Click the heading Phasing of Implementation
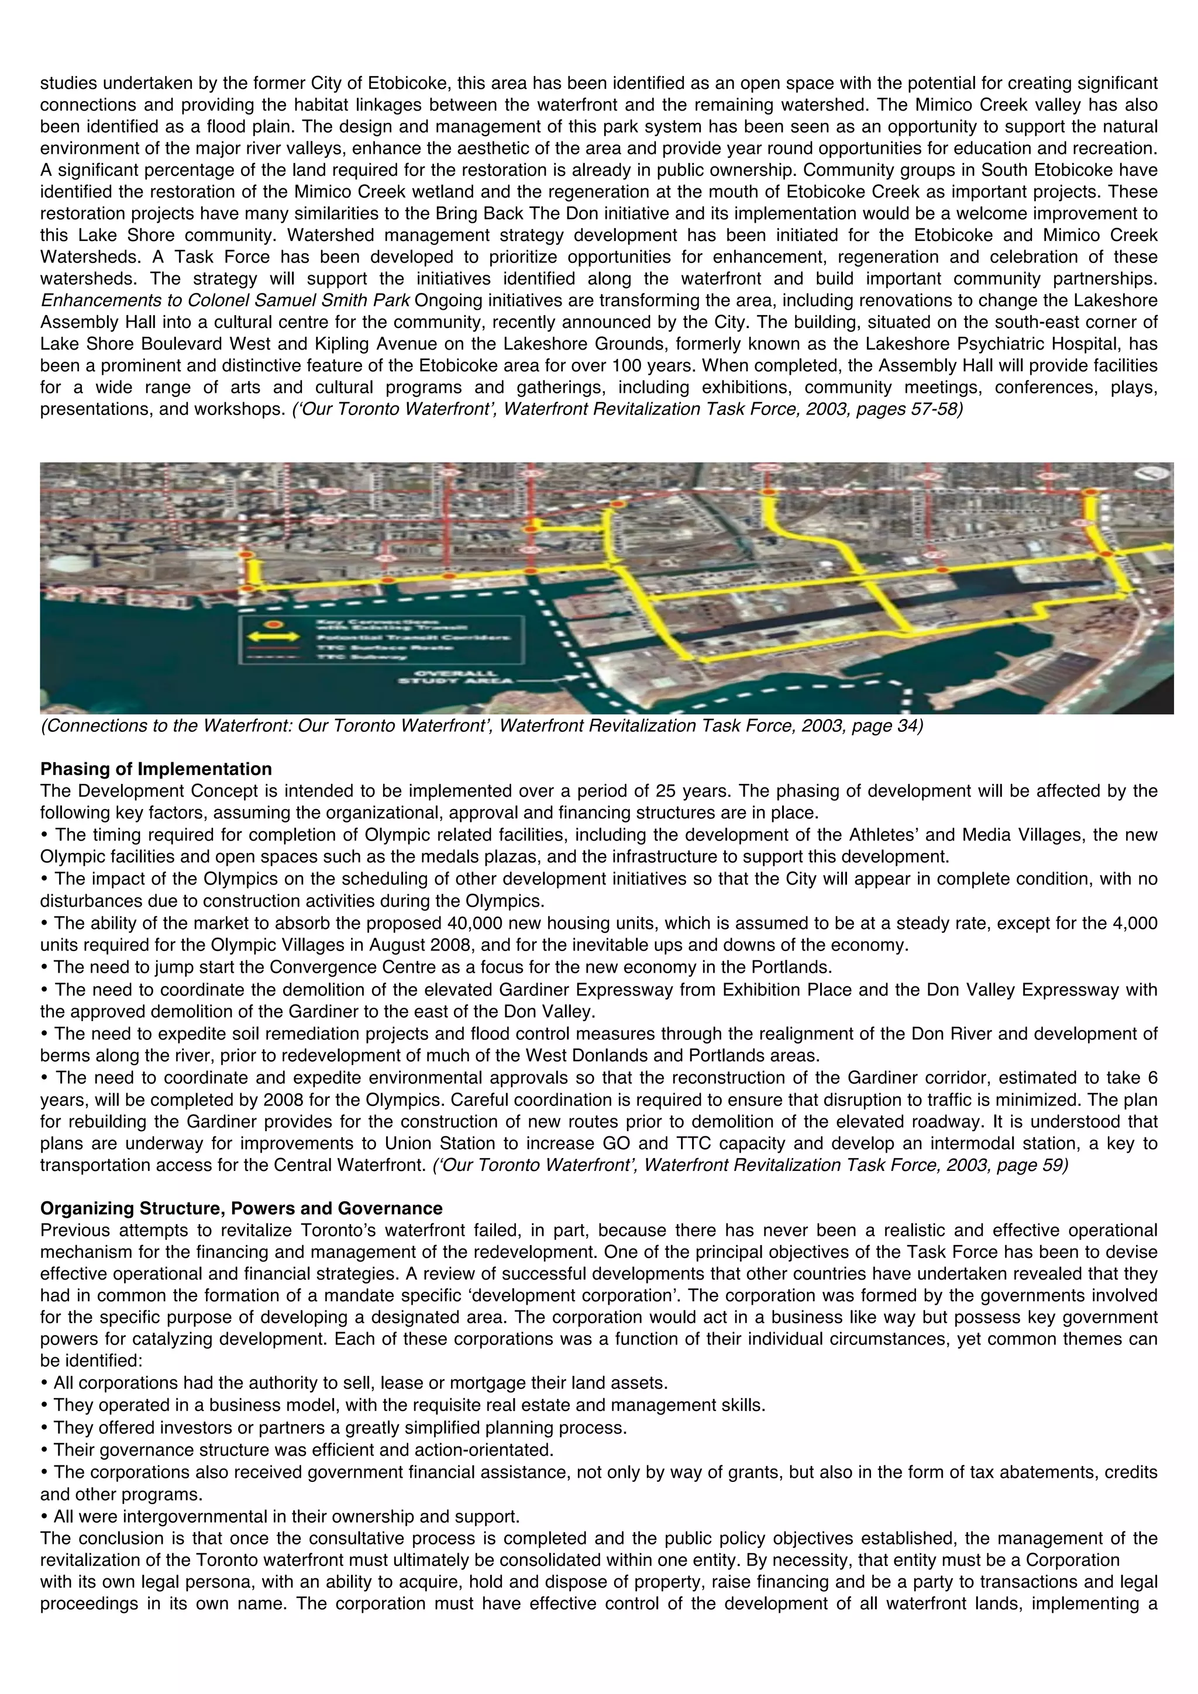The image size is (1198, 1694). (x=156, y=769)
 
